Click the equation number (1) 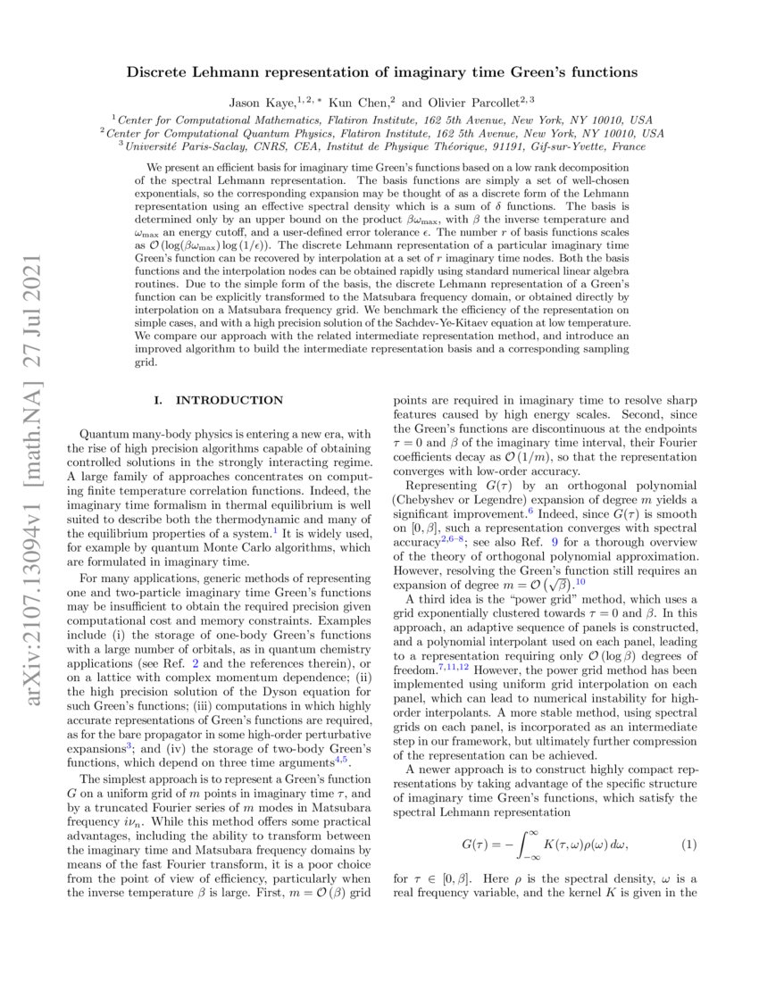point(688,844)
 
